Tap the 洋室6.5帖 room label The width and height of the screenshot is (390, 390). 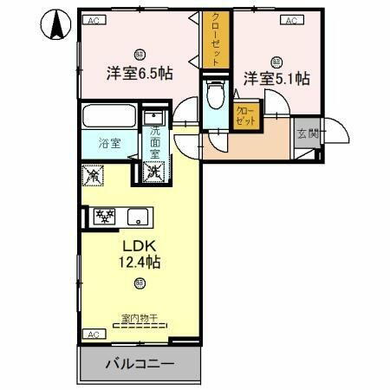(x=140, y=74)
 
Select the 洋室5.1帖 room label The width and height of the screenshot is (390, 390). (x=276, y=78)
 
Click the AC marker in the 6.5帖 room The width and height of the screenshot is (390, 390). (x=94, y=20)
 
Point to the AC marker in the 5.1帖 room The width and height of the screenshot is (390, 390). (x=291, y=20)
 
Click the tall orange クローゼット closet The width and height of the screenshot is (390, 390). (x=211, y=40)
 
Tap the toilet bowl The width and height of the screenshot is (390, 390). (x=214, y=96)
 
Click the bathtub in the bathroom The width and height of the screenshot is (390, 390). (x=107, y=116)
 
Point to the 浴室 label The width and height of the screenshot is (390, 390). (x=108, y=143)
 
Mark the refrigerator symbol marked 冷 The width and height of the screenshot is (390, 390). (x=93, y=174)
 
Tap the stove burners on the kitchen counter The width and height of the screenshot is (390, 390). (x=104, y=216)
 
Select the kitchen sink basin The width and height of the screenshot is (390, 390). (x=136, y=217)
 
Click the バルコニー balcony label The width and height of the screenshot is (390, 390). (x=140, y=363)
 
